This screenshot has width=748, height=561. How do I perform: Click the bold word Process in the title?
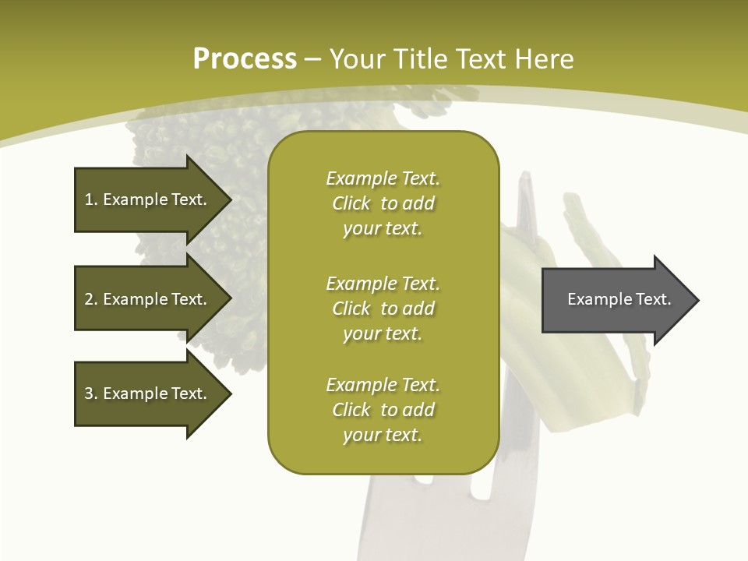245,59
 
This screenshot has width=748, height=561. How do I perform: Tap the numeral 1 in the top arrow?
89,199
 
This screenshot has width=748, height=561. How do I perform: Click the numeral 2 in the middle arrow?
89,299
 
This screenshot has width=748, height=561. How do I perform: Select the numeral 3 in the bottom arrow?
89,393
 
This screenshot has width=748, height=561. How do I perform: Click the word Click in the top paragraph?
351,204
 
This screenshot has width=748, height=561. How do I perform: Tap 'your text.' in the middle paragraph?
382,333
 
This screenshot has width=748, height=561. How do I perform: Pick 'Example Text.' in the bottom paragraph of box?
383,385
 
